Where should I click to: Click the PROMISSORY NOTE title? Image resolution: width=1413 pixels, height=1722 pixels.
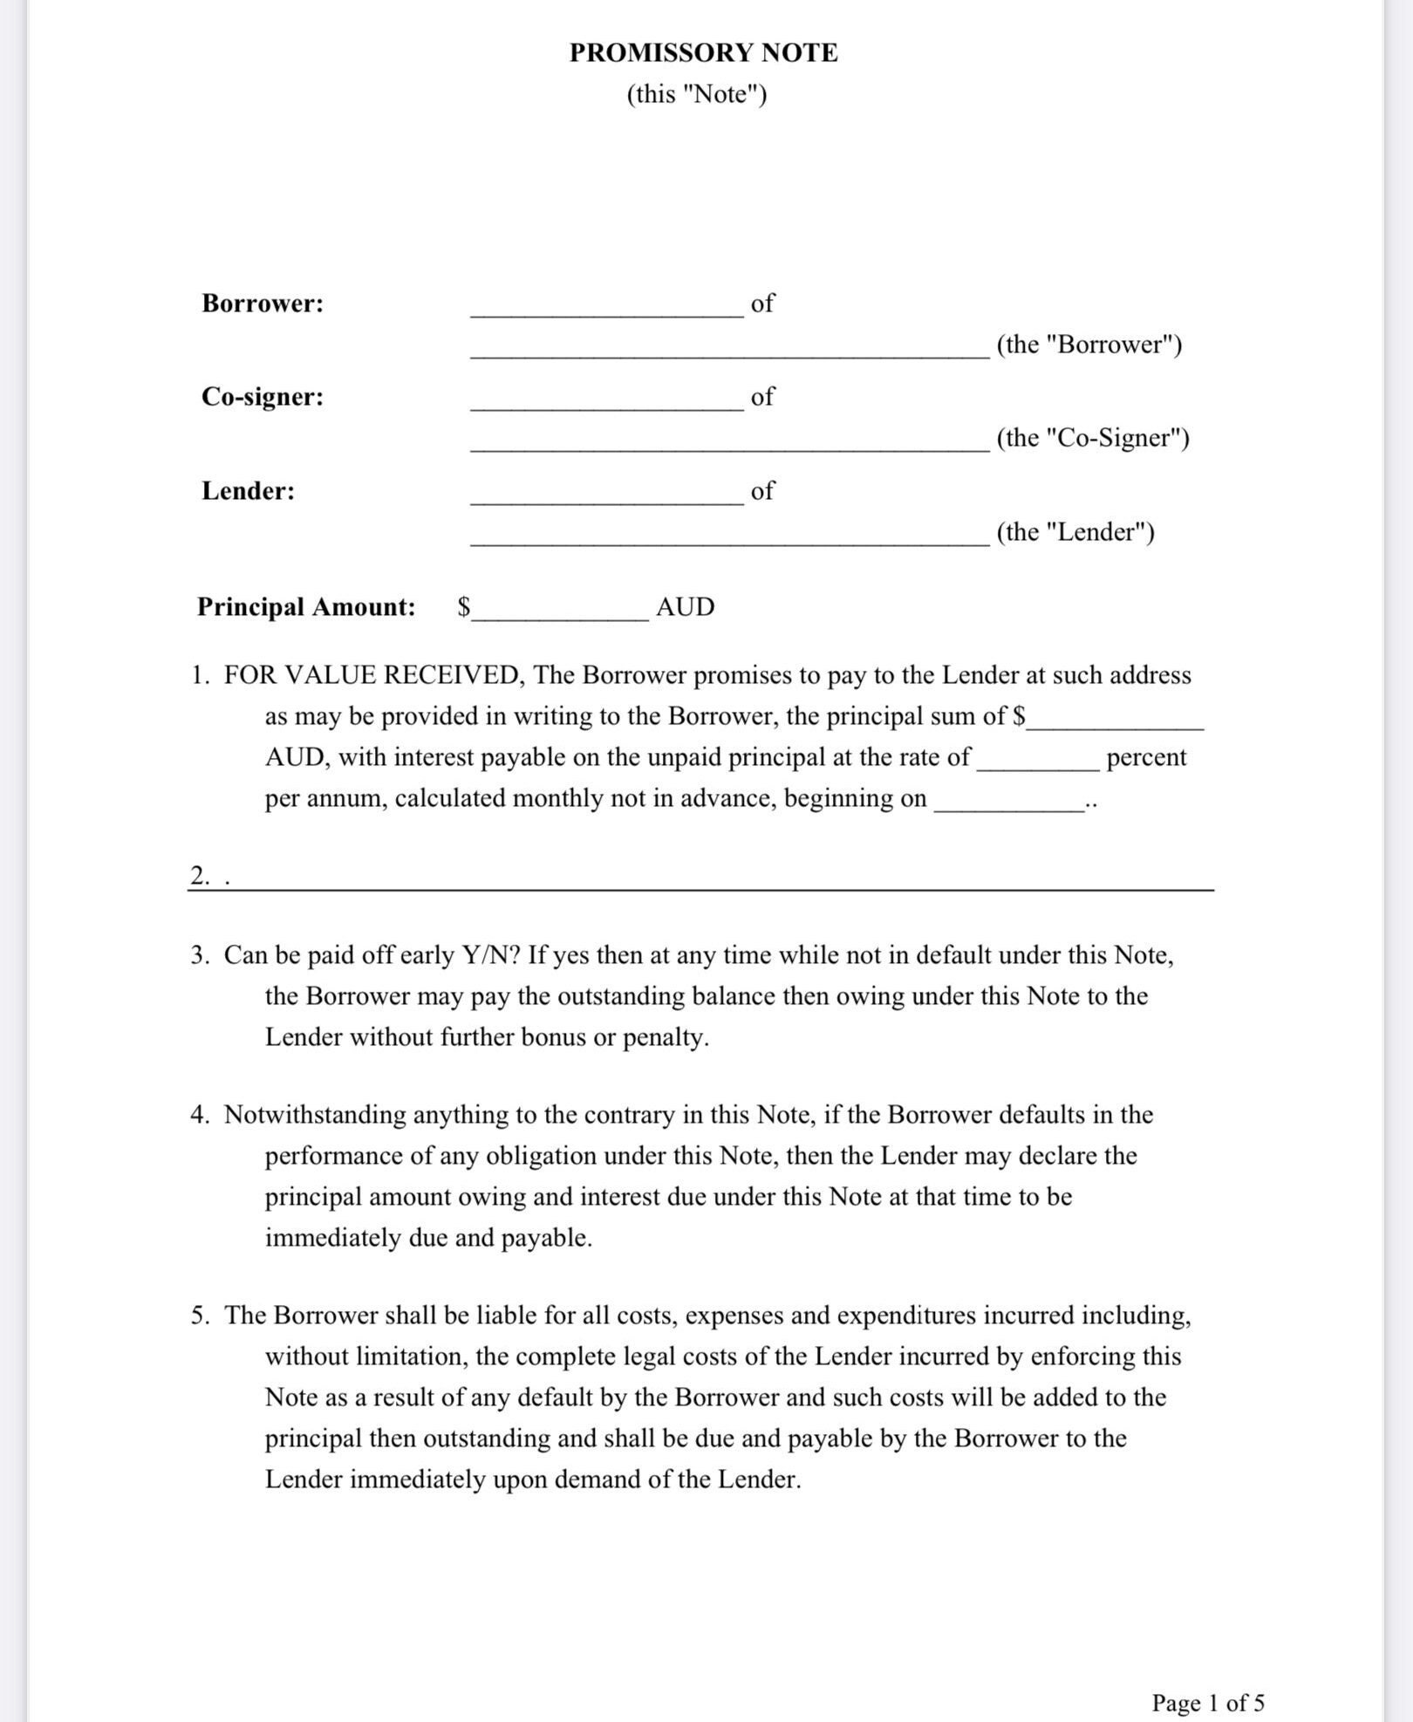pyautogui.click(x=703, y=53)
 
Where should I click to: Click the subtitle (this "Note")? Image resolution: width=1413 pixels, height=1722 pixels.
pyautogui.click(x=696, y=94)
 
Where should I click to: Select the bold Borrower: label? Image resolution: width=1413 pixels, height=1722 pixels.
pyautogui.click(x=263, y=304)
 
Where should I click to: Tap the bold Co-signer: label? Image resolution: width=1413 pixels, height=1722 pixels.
pyautogui.click(x=263, y=397)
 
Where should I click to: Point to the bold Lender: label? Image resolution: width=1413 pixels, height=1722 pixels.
pyautogui.click(x=249, y=491)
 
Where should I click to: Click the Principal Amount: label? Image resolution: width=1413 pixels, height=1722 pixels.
pyautogui.click(x=306, y=607)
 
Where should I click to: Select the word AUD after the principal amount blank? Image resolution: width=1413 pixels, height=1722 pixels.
pyautogui.click(x=685, y=607)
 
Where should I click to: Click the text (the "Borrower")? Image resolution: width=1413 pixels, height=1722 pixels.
pyautogui.click(x=1089, y=345)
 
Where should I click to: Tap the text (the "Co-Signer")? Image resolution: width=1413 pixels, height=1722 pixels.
pyautogui.click(x=1093, y=438)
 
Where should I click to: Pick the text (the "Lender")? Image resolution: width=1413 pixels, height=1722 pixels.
pyautogui.click(x=1075, y=532)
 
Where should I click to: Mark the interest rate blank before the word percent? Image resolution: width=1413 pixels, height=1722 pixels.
pyautogui.click(x=1037, y=764)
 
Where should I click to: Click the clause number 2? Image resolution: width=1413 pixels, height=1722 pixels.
pyautogui.click(x=200, y=876)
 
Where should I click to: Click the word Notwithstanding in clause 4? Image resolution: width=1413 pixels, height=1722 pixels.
pyautogui.click(x=315, y=1115)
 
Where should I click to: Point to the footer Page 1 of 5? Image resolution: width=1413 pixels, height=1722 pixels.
pyautogui.click(x=1208, y=1702)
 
